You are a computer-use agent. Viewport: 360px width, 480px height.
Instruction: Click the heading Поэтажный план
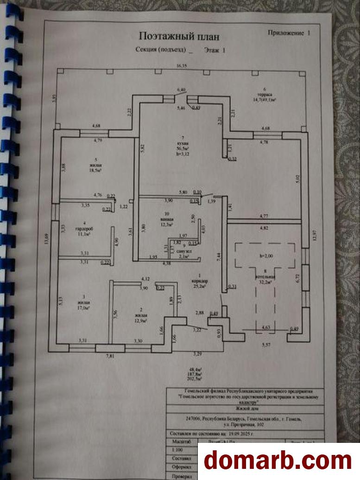(x=179, y=37)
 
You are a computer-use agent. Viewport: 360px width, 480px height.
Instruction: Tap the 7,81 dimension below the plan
(x=109, y=356)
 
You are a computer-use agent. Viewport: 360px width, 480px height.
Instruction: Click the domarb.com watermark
(x=278, y=461)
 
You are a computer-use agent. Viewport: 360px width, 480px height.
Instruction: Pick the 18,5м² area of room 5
(x=95, y=170)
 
